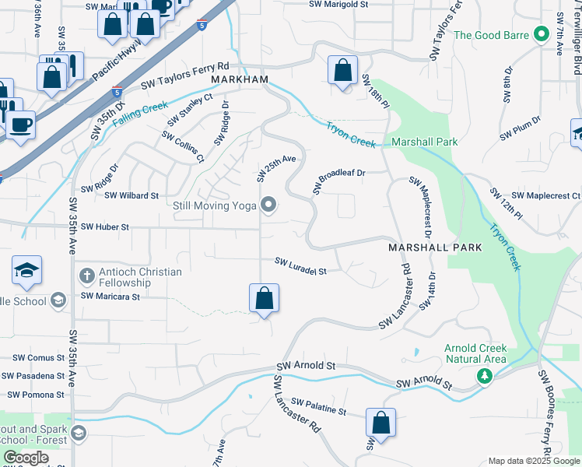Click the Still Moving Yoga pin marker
pyautogui.click(x=269, y=205)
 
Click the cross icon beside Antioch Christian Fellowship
pyautogui.click(x=87, y=276)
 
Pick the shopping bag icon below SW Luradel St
pyautogui.click(x=264, y=299)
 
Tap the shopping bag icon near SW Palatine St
pyautogui.click(x=380, y=423)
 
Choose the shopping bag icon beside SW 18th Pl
pyautogui.click(x=342, y=72)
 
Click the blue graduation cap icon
pyautogui.click(x=26, y=271)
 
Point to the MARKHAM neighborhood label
pyautogui.click(x=240, y=80)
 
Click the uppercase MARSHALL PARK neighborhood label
pyautogui.click(x=435, y=247)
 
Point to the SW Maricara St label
pyautogui.click(x=110, y=296)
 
